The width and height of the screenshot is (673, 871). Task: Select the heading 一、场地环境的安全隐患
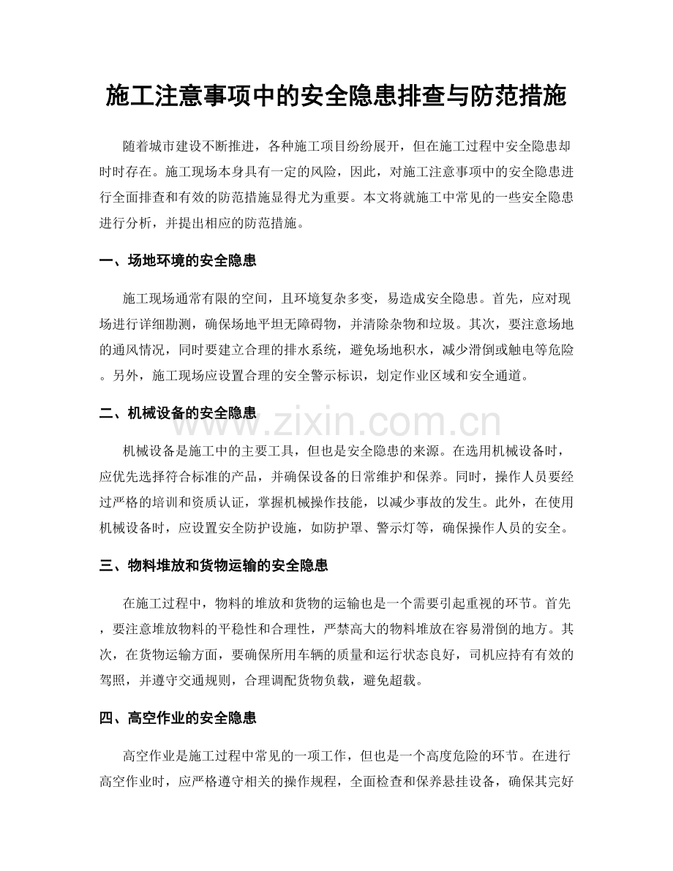(x=177, y=260)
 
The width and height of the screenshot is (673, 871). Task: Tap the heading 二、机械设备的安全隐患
(x=177, y=412)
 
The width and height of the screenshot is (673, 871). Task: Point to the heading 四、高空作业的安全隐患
(x=177, y=717)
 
